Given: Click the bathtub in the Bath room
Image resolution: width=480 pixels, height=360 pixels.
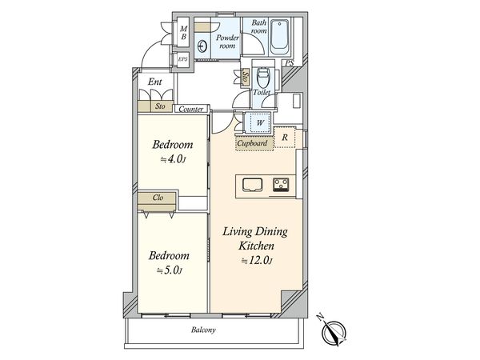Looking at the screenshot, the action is (280, 38).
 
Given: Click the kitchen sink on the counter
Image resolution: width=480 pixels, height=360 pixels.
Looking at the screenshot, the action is (253, 185).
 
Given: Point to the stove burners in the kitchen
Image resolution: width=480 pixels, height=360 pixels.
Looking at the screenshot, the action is (281, 185).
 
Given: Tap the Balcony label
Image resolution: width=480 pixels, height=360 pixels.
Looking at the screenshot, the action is (203, 330).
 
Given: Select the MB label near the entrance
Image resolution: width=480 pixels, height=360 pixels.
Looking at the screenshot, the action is (183, 33).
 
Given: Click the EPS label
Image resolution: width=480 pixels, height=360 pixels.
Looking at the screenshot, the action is (182, 59).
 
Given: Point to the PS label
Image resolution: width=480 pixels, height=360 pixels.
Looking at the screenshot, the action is (290, 63).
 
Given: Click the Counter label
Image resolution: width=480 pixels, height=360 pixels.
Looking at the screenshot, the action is (190, 109).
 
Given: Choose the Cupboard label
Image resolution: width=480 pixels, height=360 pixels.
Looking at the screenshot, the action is (252, 143).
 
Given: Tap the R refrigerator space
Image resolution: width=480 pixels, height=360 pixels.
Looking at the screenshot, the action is (285, 138).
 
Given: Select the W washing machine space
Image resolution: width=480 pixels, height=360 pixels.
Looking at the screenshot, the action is (259, 122).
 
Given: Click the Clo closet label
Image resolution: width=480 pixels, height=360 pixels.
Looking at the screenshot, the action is (158, 198).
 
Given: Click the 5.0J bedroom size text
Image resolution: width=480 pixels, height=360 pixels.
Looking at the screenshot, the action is (170, 270).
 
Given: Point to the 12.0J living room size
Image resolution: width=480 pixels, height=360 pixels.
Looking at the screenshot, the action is (257, 261).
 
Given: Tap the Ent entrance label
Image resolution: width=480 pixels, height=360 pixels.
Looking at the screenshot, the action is (155, 82).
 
